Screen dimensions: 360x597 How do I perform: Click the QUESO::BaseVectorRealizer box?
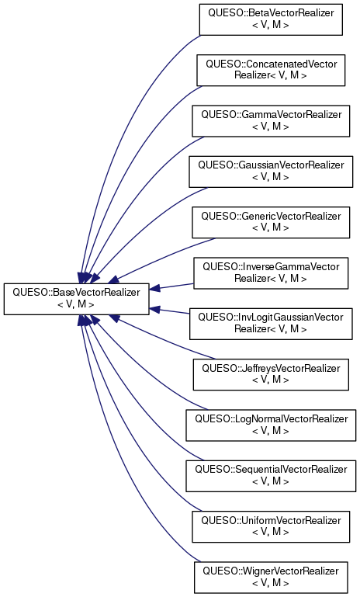77,299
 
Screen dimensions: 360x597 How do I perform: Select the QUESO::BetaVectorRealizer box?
271,19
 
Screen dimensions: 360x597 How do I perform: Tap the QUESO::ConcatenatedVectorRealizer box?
271,70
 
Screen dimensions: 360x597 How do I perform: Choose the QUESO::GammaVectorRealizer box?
271,120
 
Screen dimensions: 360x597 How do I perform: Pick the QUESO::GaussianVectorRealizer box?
271,172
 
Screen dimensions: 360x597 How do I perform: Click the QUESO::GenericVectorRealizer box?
271,222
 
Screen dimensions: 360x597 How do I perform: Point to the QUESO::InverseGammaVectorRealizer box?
271,273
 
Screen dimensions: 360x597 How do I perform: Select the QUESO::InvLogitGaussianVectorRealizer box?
271,324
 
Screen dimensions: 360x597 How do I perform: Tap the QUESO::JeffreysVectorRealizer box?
271,374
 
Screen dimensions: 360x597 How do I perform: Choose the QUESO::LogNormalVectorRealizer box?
271,425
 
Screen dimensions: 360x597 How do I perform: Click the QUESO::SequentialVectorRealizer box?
271,476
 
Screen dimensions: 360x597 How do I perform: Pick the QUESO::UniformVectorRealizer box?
271,526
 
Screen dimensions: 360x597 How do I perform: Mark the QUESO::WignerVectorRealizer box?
271,577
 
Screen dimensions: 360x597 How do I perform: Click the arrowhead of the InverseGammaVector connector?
154,289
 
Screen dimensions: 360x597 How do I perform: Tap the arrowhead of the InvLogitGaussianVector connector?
154,309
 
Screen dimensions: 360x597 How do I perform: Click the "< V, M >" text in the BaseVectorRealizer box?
76,304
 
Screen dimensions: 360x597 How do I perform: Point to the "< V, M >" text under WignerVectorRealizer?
271,583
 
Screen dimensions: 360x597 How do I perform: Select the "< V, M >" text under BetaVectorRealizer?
271,25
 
